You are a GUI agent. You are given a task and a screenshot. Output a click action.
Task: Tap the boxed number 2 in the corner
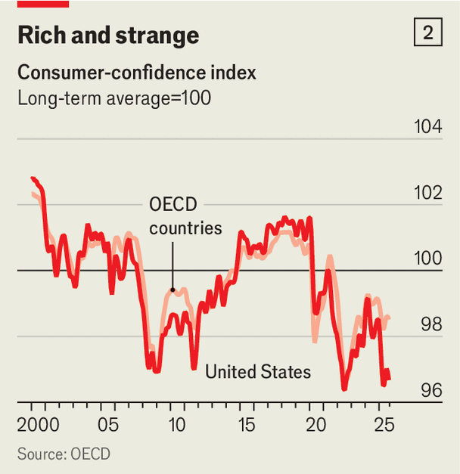(x=428, y=33)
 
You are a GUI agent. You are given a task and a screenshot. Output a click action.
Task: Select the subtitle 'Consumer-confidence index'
(x=136, y=73)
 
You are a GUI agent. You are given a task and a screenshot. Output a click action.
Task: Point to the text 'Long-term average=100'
(x=114, y=98)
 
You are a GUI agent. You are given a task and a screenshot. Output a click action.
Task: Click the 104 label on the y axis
(x=428, y=127)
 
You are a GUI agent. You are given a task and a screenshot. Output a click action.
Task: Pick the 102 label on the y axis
(x=428, y=193)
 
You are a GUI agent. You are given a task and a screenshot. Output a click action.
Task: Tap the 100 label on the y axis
(x=428, y=259)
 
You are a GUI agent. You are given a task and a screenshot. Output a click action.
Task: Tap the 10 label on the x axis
(x=176, y=423)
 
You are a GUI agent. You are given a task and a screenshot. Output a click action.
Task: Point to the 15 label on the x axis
(x=247, y=423)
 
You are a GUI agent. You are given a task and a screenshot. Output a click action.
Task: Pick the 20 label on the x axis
(x=318, y=423)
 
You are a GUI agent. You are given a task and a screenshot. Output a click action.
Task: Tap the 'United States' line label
(x=258, y=372)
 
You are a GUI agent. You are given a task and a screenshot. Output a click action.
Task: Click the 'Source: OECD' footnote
(x=64, y=454)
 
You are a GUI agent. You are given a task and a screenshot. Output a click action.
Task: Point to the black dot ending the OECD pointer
(x=172, y=290)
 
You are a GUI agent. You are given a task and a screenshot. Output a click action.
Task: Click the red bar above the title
(x=42, y=4)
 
